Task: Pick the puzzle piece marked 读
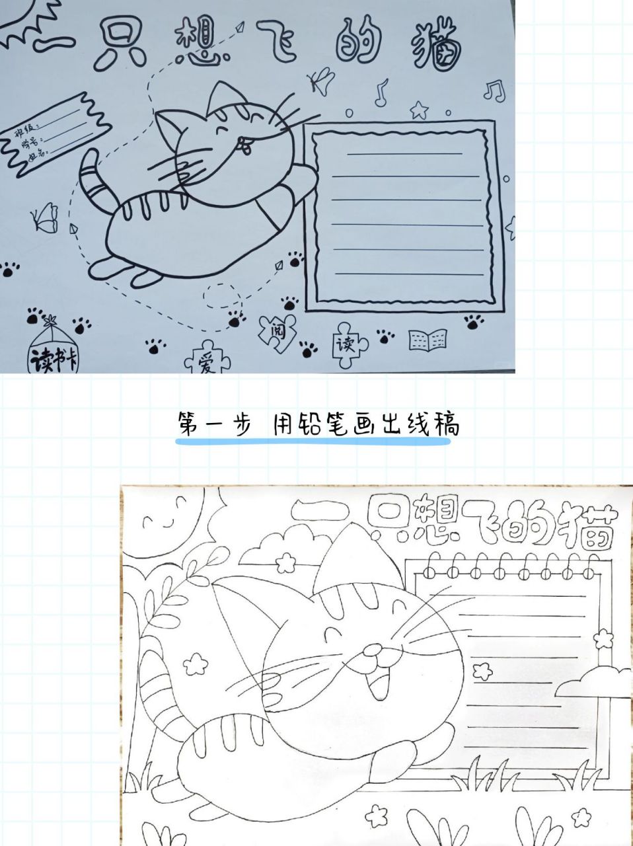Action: tap(344, 344)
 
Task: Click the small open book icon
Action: tap(428, 341)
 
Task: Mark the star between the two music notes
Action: tap(418, 108)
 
